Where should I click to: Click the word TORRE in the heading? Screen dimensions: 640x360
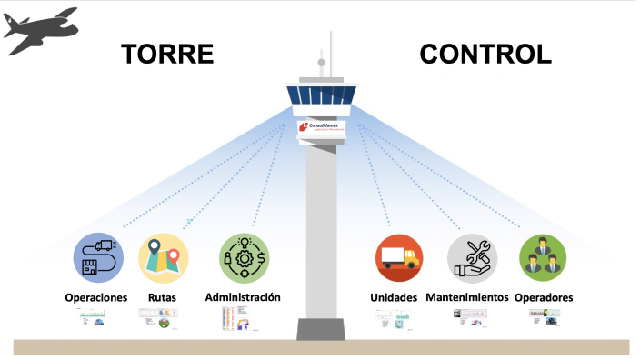tap(168, 54)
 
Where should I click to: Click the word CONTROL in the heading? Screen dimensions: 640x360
tap(485, 54)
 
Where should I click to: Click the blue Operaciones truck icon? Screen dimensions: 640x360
tap(99, 256)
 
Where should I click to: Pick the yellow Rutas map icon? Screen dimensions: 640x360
tap(163, 257)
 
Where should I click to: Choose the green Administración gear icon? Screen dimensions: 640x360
tap(245, 257)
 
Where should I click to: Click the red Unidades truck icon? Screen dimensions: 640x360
tap(398, 257)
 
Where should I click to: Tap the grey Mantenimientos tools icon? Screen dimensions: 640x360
tap(472, 257)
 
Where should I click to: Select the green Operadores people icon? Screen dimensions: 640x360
tap(542, 257)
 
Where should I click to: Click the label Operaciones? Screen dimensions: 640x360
tap(95, 298)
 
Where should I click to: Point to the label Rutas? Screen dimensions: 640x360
tap(162, 298)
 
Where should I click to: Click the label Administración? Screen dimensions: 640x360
tap(243, 297)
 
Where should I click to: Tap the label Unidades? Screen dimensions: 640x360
tap(394, 298)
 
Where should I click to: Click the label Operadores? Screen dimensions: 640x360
tap(544, 298)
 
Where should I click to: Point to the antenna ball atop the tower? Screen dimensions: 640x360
tap(321, 63)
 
